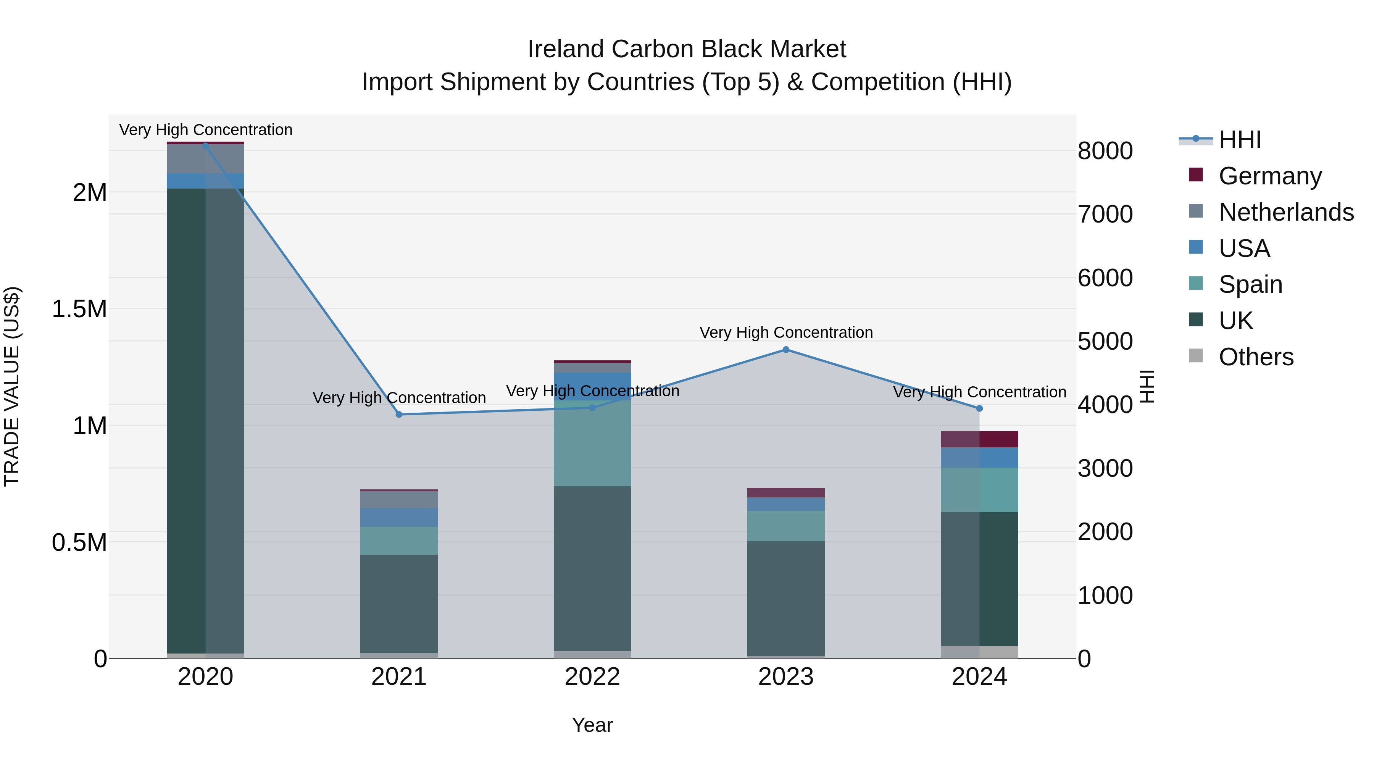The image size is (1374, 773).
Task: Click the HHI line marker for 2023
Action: [x=786, y=349]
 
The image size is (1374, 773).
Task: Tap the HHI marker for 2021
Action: [x=399, y=415]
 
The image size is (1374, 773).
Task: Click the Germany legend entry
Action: [x=1269, y=176]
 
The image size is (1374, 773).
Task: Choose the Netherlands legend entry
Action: [x=1285, y=212]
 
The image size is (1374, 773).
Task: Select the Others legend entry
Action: [x=1256, y=357]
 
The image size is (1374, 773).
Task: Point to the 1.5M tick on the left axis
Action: [x=79, y=309]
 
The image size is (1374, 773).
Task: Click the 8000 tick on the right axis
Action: [x=1105, y=151]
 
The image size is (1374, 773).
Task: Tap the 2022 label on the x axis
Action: [x=592, y=677]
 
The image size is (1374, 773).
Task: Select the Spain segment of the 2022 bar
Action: [x=592, y=443]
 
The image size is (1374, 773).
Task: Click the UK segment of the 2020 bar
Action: [x=205, y=421]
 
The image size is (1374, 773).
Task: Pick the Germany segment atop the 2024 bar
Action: [x=979, y=439]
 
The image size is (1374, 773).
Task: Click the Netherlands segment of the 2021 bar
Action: [x=399, y=499]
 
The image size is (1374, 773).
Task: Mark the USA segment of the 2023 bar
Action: [x=786, y=504]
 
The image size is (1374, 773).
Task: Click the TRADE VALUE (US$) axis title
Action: [x=12, y=386]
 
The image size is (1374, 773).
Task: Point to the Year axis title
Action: [x=592, y=725]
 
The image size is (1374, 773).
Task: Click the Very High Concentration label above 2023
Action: [x=786, y=332]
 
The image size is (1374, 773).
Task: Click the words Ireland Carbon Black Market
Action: [x=687, y=49]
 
